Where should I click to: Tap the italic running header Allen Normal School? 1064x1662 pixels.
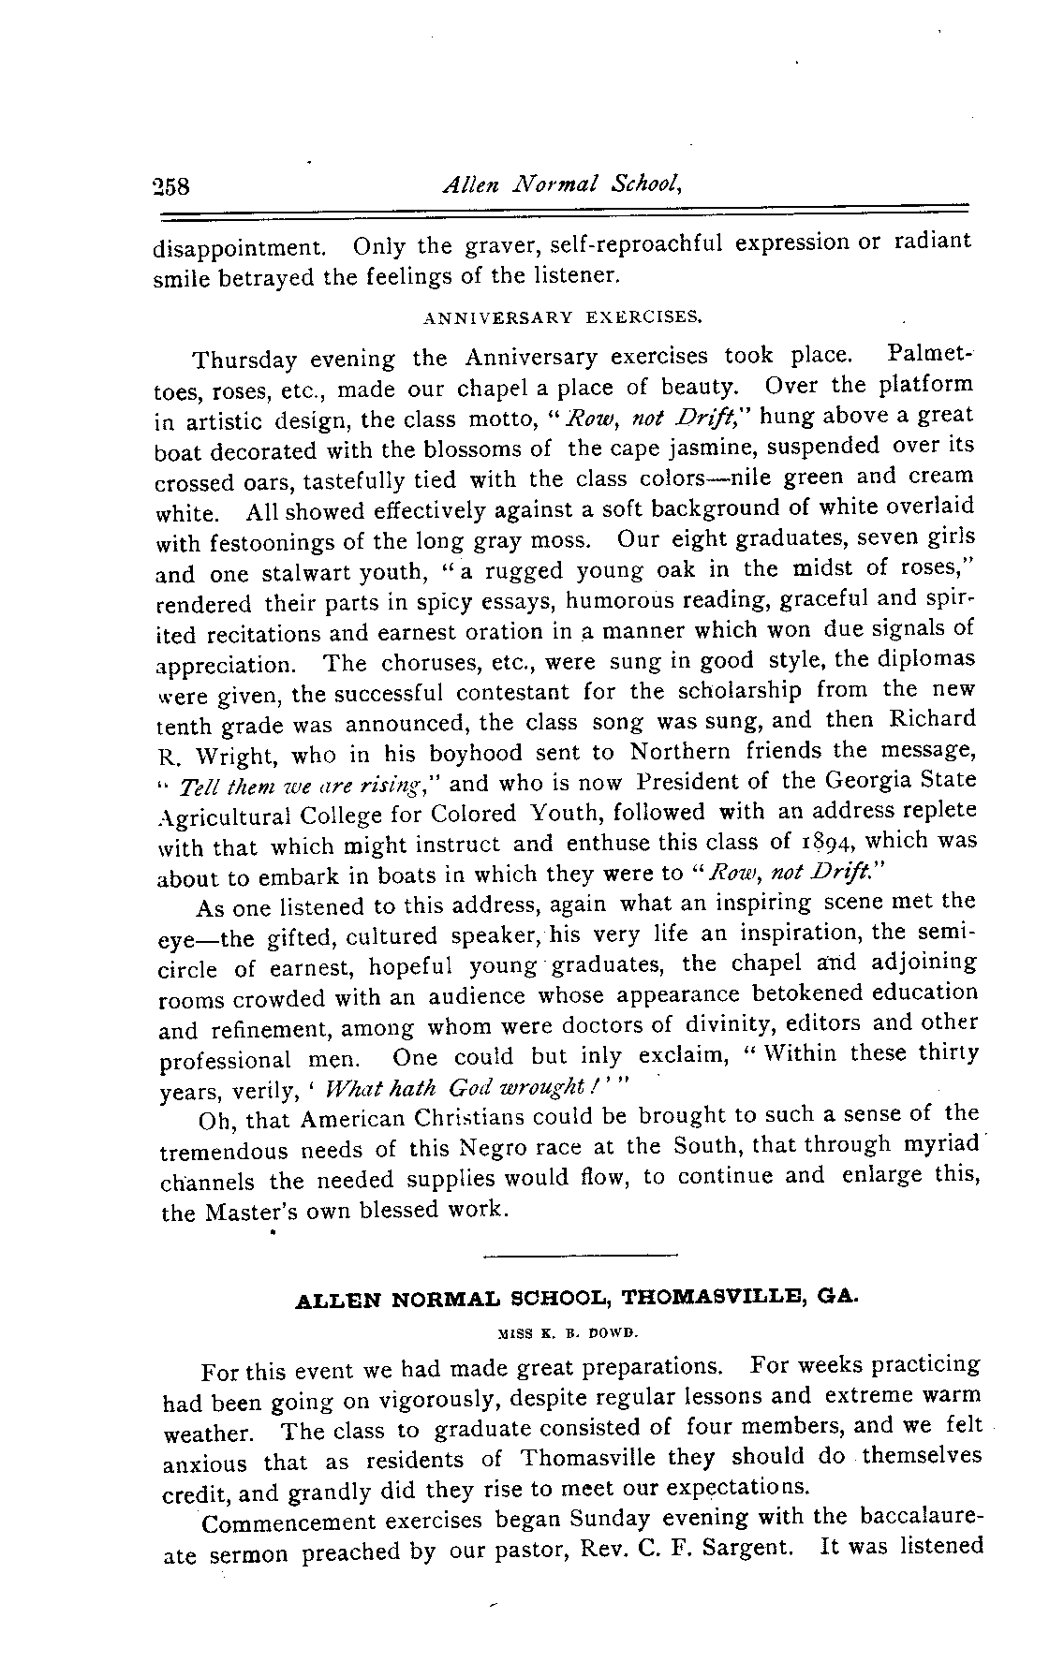[559, 184]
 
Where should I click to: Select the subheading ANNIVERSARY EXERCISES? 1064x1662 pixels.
[562, 316]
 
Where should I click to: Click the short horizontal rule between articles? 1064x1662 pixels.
[578, 1253]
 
